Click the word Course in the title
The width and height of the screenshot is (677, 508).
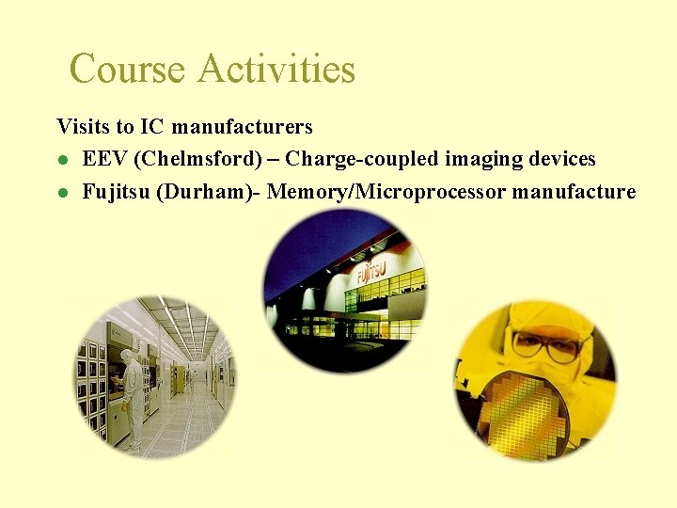tap(126, 70)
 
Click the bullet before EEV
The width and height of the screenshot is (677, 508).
tap(62, 160)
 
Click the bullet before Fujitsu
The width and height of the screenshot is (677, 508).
tap(62, 194)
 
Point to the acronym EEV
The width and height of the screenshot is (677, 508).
tap(105, 159)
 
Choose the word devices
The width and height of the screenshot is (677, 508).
tap(557, 159)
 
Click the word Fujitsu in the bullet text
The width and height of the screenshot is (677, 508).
tap(117, 193)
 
